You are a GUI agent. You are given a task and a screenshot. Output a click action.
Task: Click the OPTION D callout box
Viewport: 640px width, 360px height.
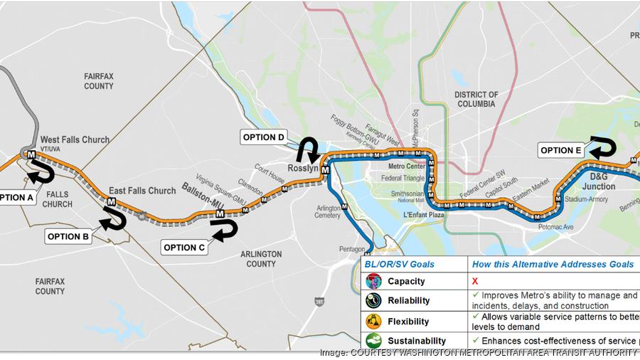[x=264, y=137]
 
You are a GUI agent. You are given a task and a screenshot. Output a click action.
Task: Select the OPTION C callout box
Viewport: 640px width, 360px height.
[x=184, y=247]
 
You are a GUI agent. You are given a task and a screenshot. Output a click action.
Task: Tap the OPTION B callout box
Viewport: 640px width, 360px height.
[x=68, y=236]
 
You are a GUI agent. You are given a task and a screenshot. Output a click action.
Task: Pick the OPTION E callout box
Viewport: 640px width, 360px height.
[x=561, y=150]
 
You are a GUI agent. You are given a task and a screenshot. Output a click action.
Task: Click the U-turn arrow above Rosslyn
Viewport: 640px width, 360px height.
[x=310, y=150]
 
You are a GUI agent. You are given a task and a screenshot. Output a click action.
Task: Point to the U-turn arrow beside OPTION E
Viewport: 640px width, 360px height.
[x=602, y=147]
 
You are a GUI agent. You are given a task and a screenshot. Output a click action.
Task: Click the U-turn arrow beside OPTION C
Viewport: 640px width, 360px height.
[x=224, y=231]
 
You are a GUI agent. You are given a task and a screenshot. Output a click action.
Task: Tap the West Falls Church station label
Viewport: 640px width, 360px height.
[x=75, y=139]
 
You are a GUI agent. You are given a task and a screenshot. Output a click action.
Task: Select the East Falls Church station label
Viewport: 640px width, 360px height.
[x=142, y=191]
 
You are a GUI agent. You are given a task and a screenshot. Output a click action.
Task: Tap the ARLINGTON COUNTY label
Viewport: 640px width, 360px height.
[x=261, y=259]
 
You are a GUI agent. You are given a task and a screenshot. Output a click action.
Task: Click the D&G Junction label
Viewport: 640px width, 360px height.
[x=598, y=181]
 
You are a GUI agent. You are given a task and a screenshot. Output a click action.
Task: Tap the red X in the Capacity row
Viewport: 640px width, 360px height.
[x=475, y=282]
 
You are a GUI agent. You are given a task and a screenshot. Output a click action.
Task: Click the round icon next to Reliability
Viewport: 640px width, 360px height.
[x=374, y=301]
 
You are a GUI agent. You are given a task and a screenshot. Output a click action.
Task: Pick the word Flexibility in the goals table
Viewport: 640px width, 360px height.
[x=408, y=321]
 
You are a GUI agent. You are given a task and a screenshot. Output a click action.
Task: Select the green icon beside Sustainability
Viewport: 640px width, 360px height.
[x=374, y=341]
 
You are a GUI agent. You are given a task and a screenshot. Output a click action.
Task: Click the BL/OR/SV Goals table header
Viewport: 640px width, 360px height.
[x=400, y=264]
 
